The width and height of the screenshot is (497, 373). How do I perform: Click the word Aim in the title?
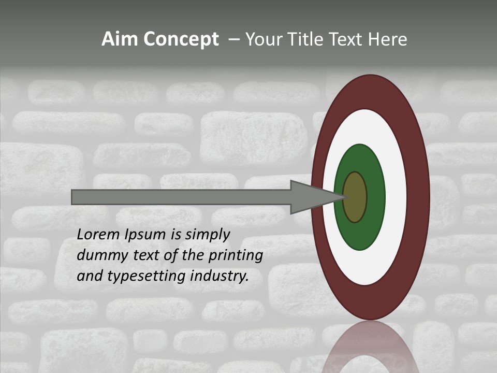[120, 39]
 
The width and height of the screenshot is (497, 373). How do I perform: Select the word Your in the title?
[265, 39]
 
